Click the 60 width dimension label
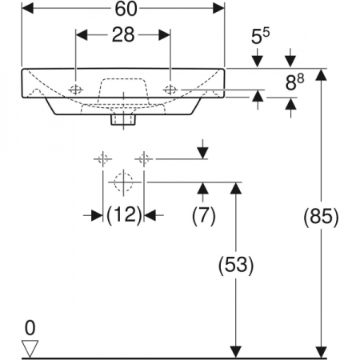126,9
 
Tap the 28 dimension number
123,34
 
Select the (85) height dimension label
321,216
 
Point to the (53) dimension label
236,266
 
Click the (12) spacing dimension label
124,215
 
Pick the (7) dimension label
203,215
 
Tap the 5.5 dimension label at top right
260,36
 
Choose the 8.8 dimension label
294,82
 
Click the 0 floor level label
30,328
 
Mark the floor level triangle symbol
30,348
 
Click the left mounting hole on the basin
76,90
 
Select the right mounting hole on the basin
170,90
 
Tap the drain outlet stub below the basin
123,119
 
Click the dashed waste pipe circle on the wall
123,182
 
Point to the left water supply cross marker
102,159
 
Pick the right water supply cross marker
144,159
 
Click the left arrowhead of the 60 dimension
28,9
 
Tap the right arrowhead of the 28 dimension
165,35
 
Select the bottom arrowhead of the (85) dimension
321,352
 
